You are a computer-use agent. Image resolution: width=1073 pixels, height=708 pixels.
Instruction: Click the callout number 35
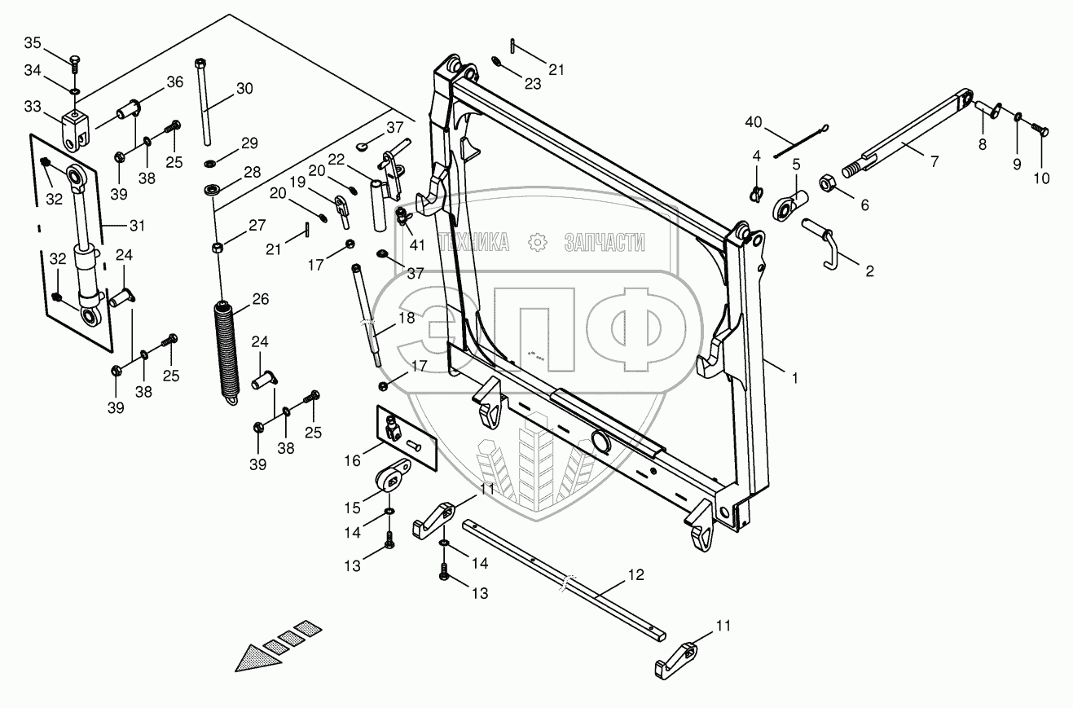tap(33, 43)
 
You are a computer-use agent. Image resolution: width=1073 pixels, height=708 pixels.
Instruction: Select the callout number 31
tap(137, 226)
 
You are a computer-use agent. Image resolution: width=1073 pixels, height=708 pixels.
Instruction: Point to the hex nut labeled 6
tap(828, 183)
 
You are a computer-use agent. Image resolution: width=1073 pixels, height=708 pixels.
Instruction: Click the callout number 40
tap(753, 123)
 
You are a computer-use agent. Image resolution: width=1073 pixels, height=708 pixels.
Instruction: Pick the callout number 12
tap(635, 575)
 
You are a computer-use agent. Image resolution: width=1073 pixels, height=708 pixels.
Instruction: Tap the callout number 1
tap(795, 378)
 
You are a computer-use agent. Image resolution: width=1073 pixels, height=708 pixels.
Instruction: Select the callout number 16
tap(353, 461)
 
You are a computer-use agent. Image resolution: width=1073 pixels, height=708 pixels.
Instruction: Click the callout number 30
tap(244, 89)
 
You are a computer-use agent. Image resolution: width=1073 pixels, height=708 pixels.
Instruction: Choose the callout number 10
tap(1041, 178)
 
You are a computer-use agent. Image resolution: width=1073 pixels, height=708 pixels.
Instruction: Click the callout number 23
tap(532, 84)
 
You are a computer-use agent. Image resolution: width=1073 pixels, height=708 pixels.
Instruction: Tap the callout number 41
tap(417, 245)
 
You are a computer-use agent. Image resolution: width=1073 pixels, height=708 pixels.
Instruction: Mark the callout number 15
tap(353, 508)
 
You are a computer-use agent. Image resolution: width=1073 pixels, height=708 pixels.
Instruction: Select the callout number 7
tap(934, 162)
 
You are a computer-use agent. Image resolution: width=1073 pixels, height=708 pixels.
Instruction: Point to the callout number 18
tap(407, 318)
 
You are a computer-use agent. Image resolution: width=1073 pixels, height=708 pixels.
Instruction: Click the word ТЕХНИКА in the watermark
tap(473, 243)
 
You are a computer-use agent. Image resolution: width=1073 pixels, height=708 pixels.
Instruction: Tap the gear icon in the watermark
tap(538, 243)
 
